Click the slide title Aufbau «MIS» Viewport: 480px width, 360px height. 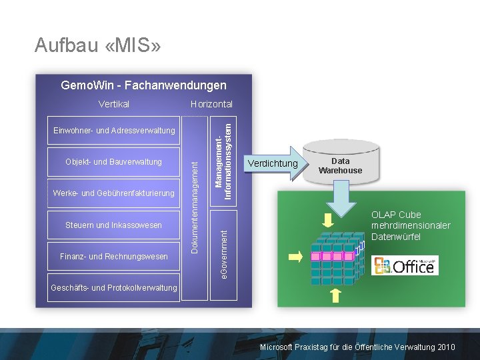click(x=97, y=45)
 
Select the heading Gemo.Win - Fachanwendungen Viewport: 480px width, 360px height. click(x=143, y=85)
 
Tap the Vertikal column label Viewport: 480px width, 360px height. click(x=114, y=104)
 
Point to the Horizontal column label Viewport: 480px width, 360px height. click(x=211, y=104)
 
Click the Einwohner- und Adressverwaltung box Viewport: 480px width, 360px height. click(x=114, y=130)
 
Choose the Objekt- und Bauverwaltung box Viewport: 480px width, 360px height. click(x=114, y=162)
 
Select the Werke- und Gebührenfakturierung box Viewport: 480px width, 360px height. click(x=114, y=193)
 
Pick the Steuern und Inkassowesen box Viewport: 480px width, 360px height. click(x=114, y=225)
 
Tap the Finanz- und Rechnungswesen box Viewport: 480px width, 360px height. click(x=114, y=257)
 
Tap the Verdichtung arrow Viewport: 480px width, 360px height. click(x=273, y=163)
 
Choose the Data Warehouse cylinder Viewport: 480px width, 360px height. click(x=340, y=163)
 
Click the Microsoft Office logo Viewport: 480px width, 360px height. click(x=405, y=266)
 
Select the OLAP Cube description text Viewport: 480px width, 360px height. click(x=411, y=225)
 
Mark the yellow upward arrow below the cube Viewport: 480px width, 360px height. click(x=335, y=295)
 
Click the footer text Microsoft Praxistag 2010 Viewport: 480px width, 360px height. click(x=357, y=347)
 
